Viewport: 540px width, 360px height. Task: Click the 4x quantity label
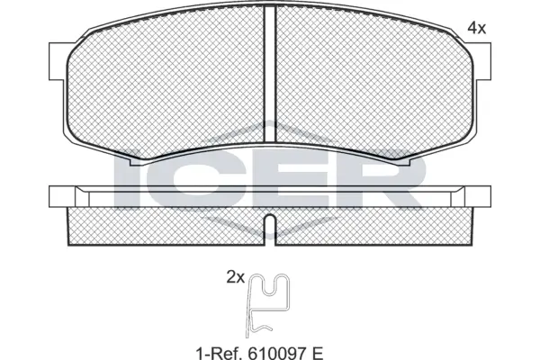[x=477, y=28]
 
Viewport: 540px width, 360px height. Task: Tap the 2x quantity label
[x=236, y=278]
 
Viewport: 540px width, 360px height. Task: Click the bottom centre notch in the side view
[x=270, y=222]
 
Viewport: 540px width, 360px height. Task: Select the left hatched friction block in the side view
[x=166, y=225]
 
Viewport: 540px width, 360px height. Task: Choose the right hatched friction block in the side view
[x=373, y=225]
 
